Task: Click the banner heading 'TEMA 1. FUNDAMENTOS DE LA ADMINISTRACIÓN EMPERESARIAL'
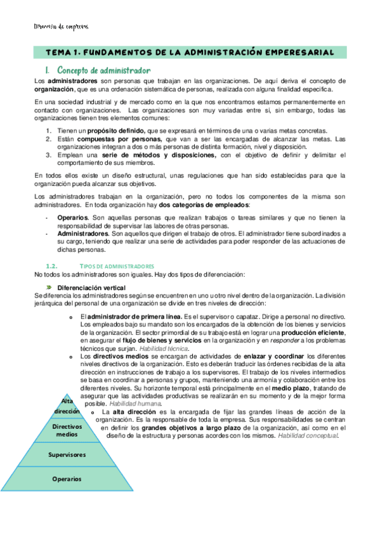tap(190, 53)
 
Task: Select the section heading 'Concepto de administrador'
tap(103, 70)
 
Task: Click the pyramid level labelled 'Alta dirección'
tap(67, 406)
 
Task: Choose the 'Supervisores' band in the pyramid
tap(67, 455)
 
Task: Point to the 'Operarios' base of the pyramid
tap(67, 478)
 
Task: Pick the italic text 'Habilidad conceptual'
tap(308, 435)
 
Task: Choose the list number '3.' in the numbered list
tap(48, 155)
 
